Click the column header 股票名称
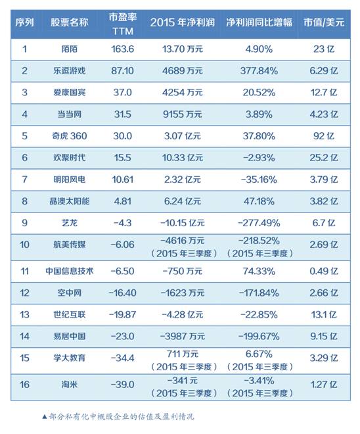69,22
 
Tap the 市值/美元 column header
324,22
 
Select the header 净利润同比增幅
259,22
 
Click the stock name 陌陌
69,49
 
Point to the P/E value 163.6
122,49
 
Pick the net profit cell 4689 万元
182,70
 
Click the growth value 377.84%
259,70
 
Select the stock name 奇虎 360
69,136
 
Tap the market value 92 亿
324,136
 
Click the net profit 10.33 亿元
182,158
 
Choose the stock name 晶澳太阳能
69,201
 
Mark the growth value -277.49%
259,223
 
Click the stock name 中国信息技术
69,271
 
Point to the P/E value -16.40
122,293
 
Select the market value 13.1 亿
324,314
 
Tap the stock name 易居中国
69,336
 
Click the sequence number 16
24,385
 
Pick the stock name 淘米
69,385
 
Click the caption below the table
118,416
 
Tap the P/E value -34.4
122,358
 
